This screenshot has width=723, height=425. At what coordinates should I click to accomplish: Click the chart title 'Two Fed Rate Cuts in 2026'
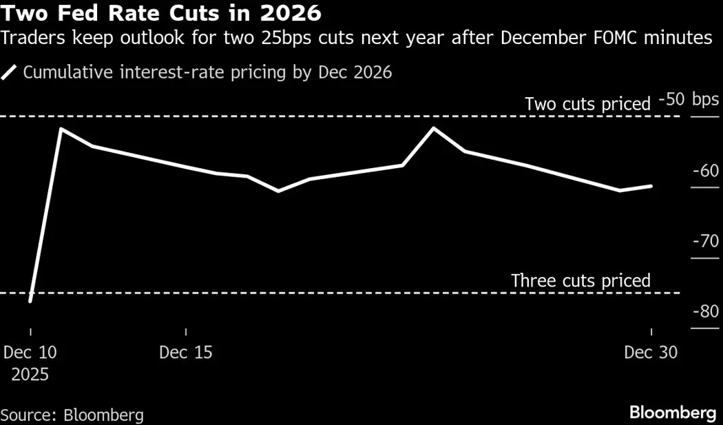[x=160, y=13]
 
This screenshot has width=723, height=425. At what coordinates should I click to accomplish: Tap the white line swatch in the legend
[x=10, y=72]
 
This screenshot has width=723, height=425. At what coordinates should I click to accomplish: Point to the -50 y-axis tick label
[x=671, y=100]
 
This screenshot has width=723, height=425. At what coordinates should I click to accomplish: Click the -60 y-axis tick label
[x=705, y=170]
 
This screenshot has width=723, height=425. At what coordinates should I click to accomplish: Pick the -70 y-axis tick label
[x=705, y=241]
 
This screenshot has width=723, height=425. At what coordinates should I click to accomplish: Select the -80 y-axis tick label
[x=705, y=311]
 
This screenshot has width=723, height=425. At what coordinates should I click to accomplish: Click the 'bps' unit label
[x=705, y=100]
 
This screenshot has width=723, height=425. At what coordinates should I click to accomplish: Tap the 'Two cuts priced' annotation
[x=587, y=104]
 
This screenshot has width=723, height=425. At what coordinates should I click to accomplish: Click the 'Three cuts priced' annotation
[x=580, y=280]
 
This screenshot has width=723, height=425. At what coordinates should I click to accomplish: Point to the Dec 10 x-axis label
[x=30, y=352]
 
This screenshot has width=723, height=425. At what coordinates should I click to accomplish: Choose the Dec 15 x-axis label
[x=186, y=352]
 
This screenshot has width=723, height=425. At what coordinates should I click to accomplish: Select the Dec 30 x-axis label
[x=651, y=352]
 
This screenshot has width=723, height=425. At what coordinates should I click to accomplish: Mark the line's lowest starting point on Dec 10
[x=30, y=301]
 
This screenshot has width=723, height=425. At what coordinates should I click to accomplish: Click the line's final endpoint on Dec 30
[x=651, y=186]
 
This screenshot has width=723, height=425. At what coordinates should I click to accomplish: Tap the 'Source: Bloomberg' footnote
[x=72, y=415]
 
